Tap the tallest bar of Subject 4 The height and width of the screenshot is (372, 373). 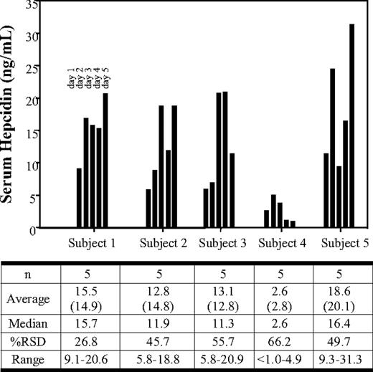(x=273, y=211)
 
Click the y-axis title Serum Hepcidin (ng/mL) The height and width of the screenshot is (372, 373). (x=10, y=115)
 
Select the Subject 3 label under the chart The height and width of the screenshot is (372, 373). (x=223, y=244)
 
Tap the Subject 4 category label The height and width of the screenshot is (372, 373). (x=283, y=244)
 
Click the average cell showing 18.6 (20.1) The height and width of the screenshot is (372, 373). (x=341, y=299)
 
